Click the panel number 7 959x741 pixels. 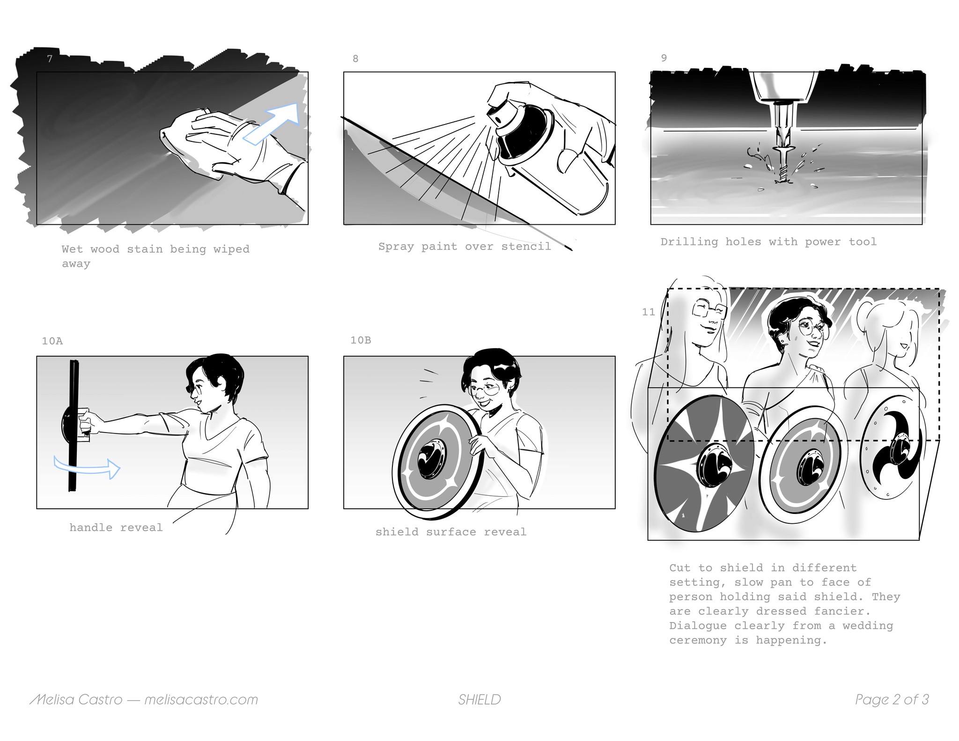[50, 59]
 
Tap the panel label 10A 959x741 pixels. [52, 341]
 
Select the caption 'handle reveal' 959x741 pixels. [116, 528]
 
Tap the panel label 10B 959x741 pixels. [361, 340]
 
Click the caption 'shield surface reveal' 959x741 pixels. [451, 532]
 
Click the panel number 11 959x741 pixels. [649, 312]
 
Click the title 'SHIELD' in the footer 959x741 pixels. [479, 700]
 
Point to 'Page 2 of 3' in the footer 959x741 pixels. [892, 700]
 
